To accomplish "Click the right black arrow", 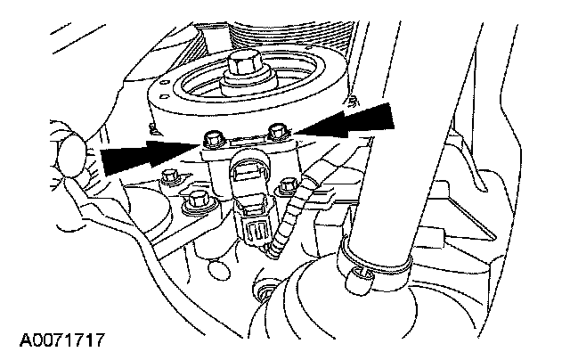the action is point(356,121).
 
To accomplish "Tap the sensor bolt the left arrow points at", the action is point(212,139).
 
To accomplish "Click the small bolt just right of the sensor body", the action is point(287,188).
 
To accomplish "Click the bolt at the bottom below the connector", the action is point(265,291).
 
